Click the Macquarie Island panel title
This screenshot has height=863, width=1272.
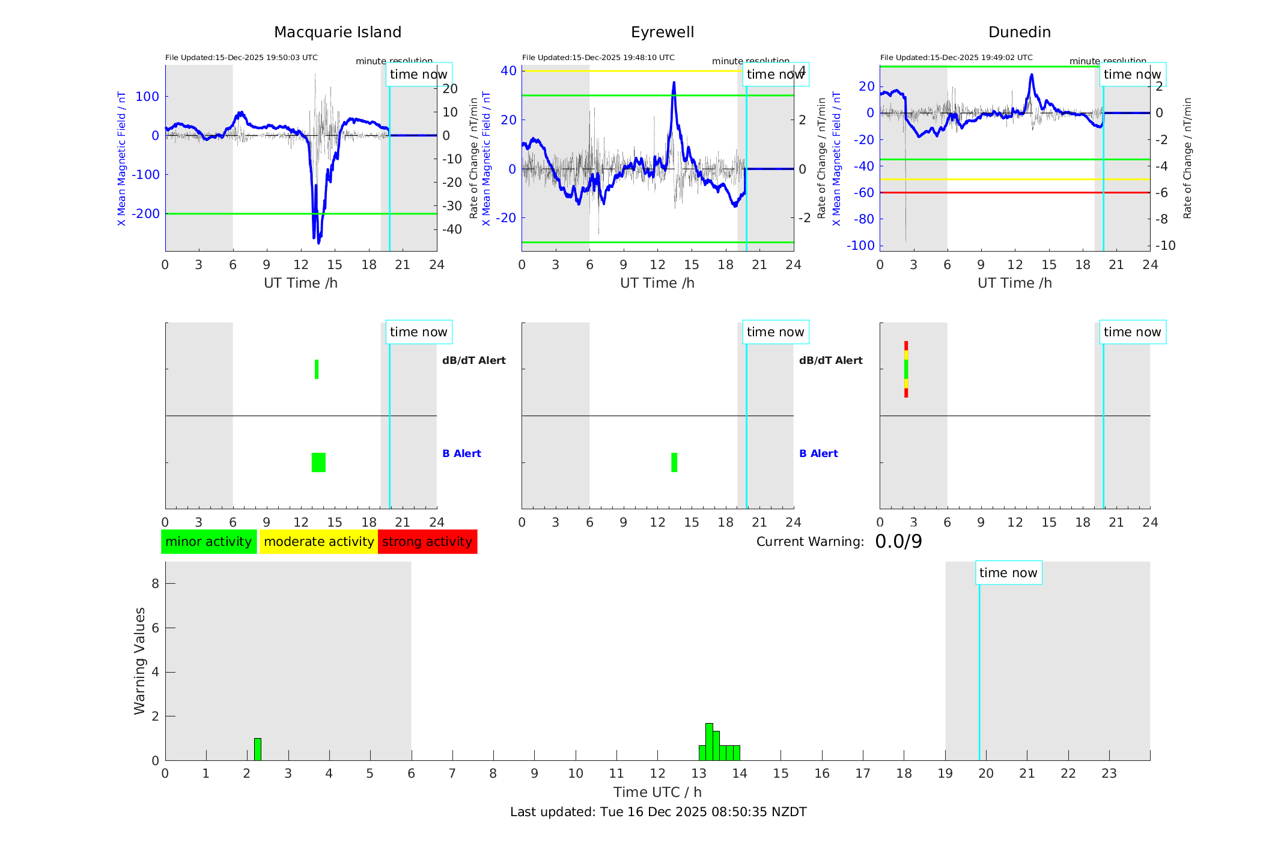pos(337,32)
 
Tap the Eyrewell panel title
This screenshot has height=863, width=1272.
pos(662,32)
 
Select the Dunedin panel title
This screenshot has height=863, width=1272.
pos(1019,32)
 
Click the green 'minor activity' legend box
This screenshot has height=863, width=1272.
pos(208,542)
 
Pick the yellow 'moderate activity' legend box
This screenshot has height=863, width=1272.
pos(318,542)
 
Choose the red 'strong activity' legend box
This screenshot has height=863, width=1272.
pos(427,542)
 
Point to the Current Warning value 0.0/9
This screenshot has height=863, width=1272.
pos(898,542)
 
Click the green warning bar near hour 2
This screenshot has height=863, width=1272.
pos(258,749)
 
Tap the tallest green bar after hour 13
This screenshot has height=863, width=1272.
pos(709,742)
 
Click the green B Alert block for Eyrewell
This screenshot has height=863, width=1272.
pos(674,462)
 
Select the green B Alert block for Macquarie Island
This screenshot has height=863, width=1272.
pos(318,462)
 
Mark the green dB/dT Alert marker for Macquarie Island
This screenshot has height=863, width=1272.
pos(317,369)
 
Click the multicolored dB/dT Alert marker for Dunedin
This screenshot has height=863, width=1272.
pos(906,369)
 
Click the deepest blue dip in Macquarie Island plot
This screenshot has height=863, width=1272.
pos(318,241)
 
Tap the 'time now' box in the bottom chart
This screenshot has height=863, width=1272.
pos(1008,573)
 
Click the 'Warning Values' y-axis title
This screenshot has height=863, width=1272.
pos(140,661)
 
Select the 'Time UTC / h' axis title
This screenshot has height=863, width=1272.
pos(657,792)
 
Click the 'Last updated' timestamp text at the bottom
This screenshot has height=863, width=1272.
pos(658,812)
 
